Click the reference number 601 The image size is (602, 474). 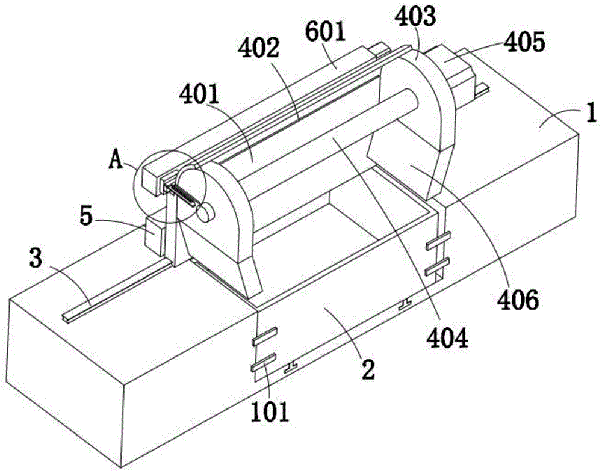click(326, 33)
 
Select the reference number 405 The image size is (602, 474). click(524, 42)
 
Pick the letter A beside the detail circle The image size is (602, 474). click(116, 160)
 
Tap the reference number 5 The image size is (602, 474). click(86, 217)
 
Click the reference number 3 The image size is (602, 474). click(36, 259)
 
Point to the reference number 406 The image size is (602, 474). click(518, 300)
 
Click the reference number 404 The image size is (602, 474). click(448, 338)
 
